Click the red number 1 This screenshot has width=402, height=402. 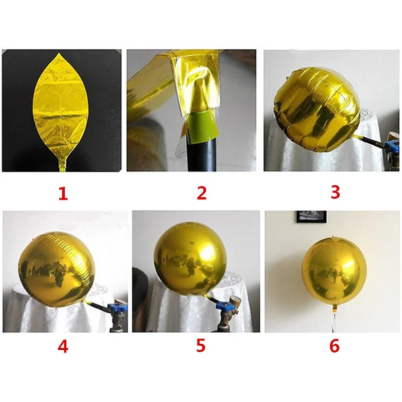63,193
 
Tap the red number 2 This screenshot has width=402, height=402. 202,193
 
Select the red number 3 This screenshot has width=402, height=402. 336,191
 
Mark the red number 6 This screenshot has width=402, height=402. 335,347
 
